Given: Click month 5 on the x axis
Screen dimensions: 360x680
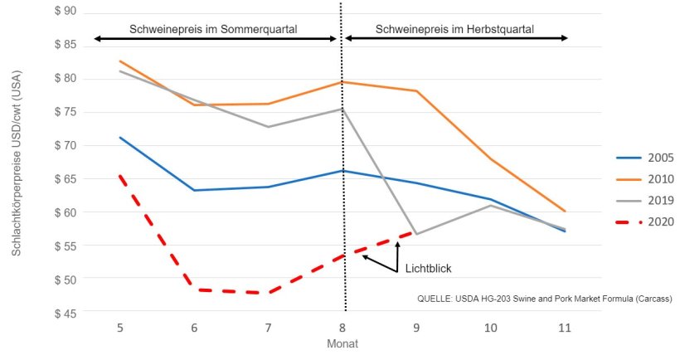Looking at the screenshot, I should pos(120,328).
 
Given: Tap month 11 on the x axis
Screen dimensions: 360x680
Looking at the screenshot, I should pos(565,328).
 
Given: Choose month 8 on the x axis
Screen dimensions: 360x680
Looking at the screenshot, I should pos(342,328).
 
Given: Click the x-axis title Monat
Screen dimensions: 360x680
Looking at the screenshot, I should pos(342,343).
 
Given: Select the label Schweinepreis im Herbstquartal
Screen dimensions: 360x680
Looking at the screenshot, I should pos(454,29).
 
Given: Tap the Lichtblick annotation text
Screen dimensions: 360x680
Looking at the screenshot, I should pos(428,269).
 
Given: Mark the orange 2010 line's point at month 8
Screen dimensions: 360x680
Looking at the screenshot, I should pos(342,82).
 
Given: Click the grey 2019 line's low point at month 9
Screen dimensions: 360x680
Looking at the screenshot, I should pos(416,234).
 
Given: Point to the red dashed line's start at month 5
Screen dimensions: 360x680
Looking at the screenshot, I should pos(120,175).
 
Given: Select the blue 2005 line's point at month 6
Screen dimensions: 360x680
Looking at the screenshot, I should pos(194,190).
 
